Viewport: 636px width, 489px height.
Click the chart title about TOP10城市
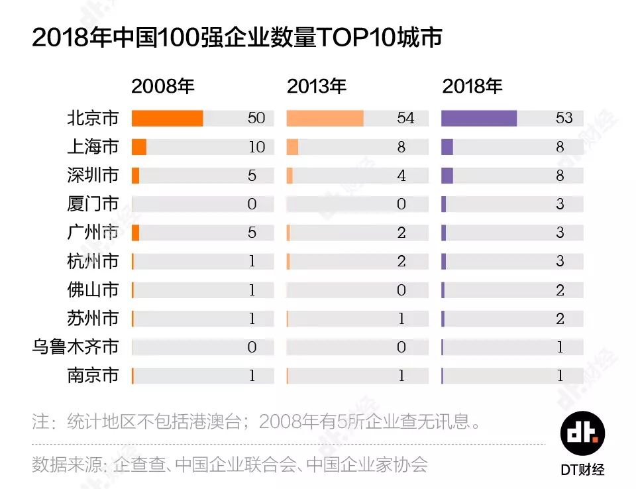click(237, 38)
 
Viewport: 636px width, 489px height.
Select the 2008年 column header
click(162, 86)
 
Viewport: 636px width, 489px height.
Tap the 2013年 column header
click(317, 86)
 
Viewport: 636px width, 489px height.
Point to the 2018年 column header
click(472, 86)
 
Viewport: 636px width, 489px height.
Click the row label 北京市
click(93, 118)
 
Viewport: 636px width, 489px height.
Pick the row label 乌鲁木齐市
click(76, 347)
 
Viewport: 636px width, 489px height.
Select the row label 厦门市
click(93, 204)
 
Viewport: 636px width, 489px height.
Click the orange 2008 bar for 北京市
click(167, 118)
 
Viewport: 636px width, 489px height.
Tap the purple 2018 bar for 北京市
click(478, 118)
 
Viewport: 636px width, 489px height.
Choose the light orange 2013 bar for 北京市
click(325, 118)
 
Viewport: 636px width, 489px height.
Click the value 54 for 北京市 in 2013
click(405, 118)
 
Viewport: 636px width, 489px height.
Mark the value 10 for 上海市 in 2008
click(256, 147)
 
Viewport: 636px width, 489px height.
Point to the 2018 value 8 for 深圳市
click(560, 176)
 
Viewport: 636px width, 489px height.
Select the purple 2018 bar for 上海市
click(447, 147)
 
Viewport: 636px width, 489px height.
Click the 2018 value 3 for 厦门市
click(560, 204)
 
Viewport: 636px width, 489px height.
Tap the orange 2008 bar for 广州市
click(135, 233)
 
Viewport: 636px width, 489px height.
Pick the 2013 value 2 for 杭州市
click(401, 261)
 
